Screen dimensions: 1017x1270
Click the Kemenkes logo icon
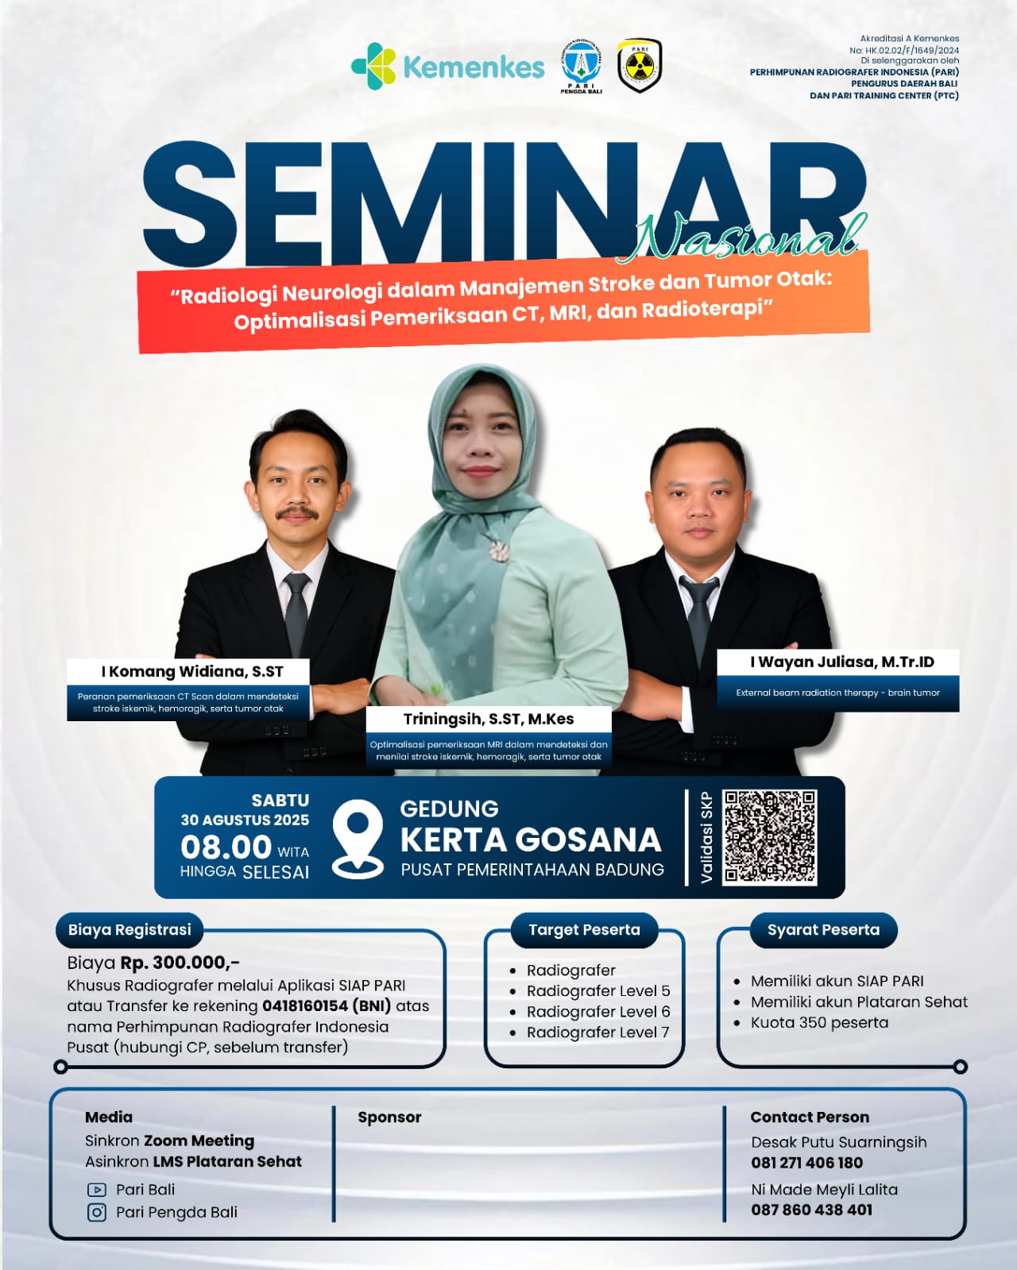pos(373,66)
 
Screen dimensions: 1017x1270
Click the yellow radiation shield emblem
pos(639,65)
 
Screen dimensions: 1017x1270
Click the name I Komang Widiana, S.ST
pos(192,672)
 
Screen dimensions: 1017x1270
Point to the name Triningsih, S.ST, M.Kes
pos(489,720)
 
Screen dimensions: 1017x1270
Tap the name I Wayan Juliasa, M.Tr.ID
pos(842,662)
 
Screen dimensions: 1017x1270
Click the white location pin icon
pos(358,840)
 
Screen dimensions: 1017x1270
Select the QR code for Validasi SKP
pos(770,836)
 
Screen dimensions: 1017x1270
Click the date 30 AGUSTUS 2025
pos(245,820)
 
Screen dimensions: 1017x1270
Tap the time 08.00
pos(226,847)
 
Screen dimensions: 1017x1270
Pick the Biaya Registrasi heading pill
pos(130,930)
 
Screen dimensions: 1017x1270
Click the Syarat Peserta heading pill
pos(823,930)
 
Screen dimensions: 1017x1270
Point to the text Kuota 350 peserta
pos(819,1023)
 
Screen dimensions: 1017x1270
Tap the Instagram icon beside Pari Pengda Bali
pos(97,1212)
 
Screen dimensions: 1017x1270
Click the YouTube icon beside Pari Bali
pos(97,1189)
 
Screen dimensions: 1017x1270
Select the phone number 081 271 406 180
pos(806,1163)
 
